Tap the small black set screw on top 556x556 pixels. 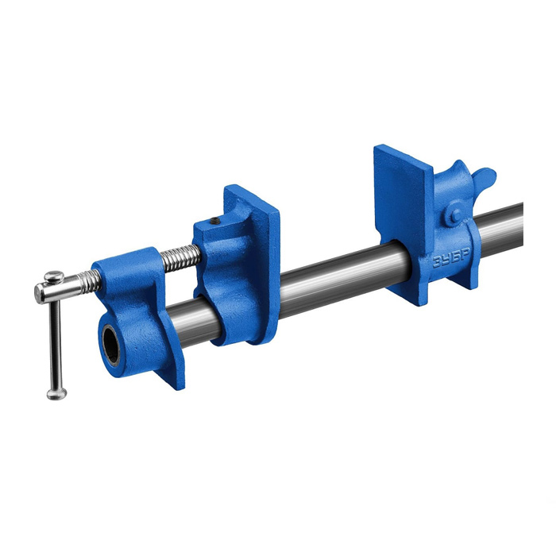214,222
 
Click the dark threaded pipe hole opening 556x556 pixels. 111,345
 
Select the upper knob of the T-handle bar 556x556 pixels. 54,276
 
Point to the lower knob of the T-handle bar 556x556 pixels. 56,394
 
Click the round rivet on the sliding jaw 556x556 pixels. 457,215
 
